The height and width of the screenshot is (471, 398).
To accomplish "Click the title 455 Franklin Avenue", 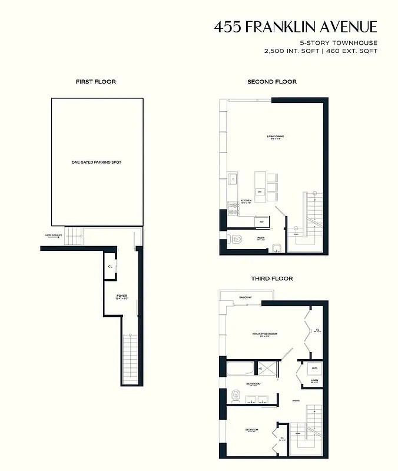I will point(296,27).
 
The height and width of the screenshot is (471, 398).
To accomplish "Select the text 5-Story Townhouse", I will point(339,43).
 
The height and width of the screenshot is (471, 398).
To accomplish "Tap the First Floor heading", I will point(96,82).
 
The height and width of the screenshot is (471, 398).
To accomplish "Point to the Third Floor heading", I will point(272,278).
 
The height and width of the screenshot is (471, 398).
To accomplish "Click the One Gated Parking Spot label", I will point(96,162).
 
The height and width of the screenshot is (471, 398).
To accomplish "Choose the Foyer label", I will point(122,296).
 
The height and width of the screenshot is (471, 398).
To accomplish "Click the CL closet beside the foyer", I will point(110,267).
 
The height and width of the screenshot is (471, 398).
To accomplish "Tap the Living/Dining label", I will point(276,137).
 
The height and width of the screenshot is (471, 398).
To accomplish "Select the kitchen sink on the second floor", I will point(233,178).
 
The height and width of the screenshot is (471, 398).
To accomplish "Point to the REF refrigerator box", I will point(261,222).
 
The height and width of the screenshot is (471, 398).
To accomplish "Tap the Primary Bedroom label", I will point(265,334).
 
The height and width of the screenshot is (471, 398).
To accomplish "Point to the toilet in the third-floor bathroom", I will point(236,394).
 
